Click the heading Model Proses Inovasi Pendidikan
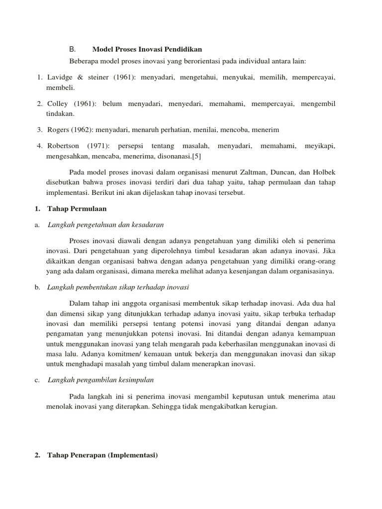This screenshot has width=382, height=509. [147, 49]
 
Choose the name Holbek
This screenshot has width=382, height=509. [324, 172]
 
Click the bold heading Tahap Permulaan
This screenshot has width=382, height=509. [77, 208]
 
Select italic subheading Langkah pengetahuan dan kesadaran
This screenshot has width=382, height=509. [105, 224]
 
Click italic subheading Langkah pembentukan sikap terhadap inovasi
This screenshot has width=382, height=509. [118, 288]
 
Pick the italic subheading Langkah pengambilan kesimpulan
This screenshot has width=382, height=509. [100, 380]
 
